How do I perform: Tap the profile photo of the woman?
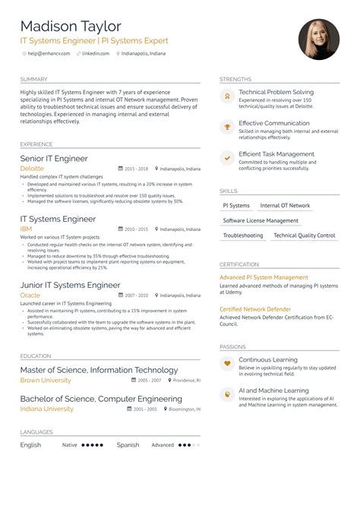pyautogui.click(x=319, y=39)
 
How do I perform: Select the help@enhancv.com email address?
pyautogui.click(x=49, y=53)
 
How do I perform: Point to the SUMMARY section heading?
pyautogui.click(x=34, y=79)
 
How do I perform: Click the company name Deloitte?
pyautogui.click(x=32, y=168)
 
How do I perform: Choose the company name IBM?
pyautogui.click(x=26, y=229)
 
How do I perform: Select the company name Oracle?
pyautogui.click(x=30, y=295)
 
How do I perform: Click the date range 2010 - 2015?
pyautogui.click(x=136, y=229)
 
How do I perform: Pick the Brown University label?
pyautogui.click(x=46, y=380)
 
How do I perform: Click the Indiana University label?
pyautogui.click(x=47, y=409)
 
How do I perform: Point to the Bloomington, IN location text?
pyautogui.click(x=184, y=409)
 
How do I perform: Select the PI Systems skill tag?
pyautogui.click(x=236, y=206)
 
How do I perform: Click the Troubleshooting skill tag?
pyautogui.click(x=243, y=236)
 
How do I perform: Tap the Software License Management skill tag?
pyautogui.click(x=261, y=220)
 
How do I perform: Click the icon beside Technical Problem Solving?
pyautogui.click(x=226, y=96)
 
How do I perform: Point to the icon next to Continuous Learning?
pyautogui.click(x=226, y=364)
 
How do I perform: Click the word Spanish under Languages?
pyautogui.click(x=128, y=445)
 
